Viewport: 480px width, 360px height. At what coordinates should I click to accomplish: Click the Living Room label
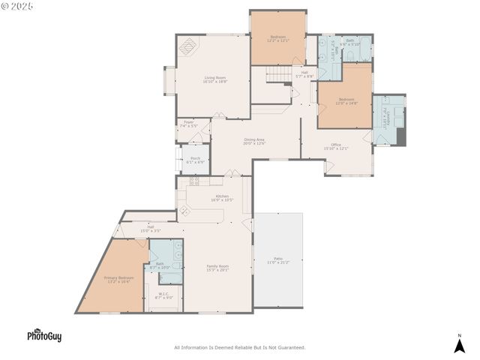coord(214,79)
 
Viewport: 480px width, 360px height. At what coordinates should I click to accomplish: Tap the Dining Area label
coord(254,141)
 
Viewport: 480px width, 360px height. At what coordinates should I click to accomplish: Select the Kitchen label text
coord(222,198)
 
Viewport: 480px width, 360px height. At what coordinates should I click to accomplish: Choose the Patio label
coord(277,260)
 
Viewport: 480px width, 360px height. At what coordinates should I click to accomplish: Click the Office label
coord(336,146)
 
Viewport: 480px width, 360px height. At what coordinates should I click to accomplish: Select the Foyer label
coord(189,124)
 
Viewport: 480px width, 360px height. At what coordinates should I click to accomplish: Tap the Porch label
coord(195,160)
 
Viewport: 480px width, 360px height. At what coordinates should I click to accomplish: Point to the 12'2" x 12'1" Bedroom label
coord(277,38)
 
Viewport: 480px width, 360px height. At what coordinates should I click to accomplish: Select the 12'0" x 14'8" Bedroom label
coord(346,101)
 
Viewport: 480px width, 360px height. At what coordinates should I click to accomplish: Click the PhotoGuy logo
coord(44,336)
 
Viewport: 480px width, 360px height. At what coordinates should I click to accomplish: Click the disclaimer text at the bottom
coord(240,347)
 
